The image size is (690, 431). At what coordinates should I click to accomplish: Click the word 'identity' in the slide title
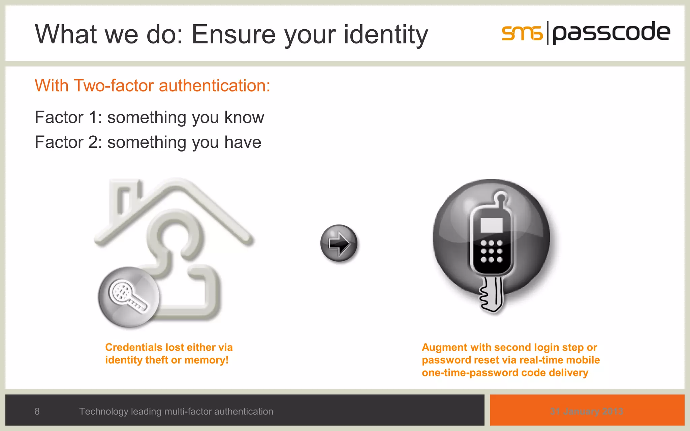(x=385, y=34)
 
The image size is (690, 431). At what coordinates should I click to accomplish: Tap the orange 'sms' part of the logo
(x=522, y=33)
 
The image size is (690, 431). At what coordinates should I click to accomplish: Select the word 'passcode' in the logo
(x=611, y=32)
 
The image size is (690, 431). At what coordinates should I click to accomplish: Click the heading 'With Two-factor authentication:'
(x=152, y=86)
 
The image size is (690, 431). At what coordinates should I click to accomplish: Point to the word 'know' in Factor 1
(x=244, y=118)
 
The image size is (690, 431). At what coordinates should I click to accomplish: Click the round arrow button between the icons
(x=339, y=243)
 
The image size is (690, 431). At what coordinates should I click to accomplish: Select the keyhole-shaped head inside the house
(x=175, y=236)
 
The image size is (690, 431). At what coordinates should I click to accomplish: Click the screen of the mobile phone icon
(x=492, y=225)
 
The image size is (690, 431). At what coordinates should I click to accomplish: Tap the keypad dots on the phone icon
(x=491, y=251)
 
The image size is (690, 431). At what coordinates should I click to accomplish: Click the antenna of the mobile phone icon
(x=501, y=199)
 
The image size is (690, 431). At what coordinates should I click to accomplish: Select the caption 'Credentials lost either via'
(x=169, y=347)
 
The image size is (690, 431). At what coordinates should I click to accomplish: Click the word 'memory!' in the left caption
(x=207, y=360)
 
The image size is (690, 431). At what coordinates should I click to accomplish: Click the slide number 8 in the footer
(x=37, y=411)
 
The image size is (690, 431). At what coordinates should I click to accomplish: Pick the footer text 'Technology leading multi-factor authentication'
(x=176, y=411)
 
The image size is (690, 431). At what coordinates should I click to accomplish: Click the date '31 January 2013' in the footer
(x=587, y=411)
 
